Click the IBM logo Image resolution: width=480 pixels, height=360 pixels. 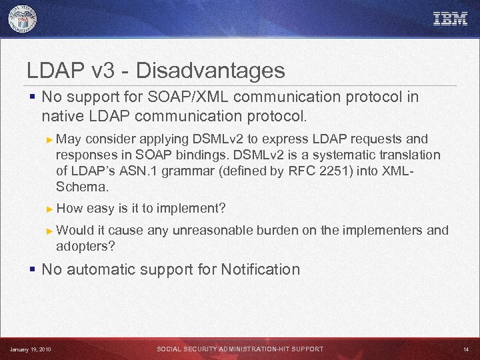[x=450, y=19]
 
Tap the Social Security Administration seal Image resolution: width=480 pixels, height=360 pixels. [x=23, y=19]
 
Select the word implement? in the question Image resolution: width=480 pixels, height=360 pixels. [x=194, y=209]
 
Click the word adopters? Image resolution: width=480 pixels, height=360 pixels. [x=85, y=246]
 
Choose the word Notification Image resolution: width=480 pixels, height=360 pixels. [x=260, y=269]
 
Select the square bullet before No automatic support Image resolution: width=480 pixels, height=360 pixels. [x=32, y=269]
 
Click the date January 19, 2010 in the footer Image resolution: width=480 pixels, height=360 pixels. [x=30, y=349]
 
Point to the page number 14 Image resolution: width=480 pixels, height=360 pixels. [x=465, y=349]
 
